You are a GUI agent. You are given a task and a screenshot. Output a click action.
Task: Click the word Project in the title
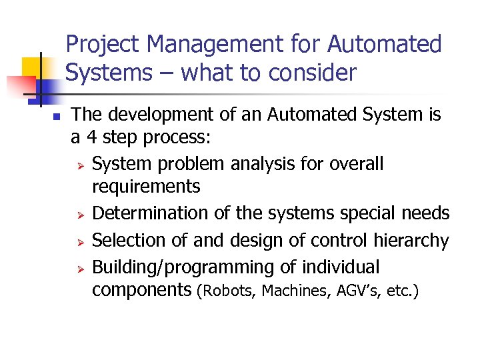click(103, 45)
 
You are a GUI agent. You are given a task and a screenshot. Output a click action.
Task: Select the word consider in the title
click(315, 73)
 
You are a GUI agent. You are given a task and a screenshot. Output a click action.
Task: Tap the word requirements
click(146, 187)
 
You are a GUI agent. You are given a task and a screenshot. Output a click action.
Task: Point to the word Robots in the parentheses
click(229, 291)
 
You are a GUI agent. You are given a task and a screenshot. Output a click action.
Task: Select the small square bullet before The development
click(38, 117)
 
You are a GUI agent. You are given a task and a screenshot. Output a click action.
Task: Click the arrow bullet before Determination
click(78, 215)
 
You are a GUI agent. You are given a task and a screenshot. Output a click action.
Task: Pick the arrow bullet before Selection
click(78, 241)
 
